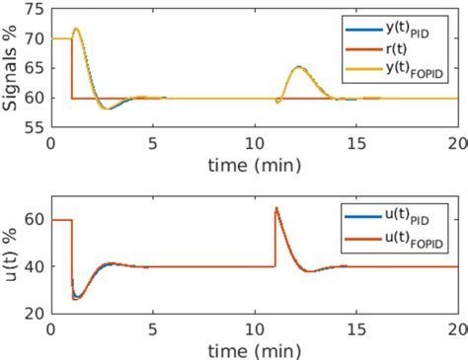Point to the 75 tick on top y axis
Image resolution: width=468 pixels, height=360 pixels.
[35, 9]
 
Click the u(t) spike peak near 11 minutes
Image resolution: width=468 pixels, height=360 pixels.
[276, 208]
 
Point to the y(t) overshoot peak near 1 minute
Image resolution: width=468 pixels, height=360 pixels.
[77, 29]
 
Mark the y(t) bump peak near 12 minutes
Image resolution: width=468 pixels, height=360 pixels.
[300, 67]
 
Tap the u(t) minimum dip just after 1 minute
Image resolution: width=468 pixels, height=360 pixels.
[78, 298]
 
